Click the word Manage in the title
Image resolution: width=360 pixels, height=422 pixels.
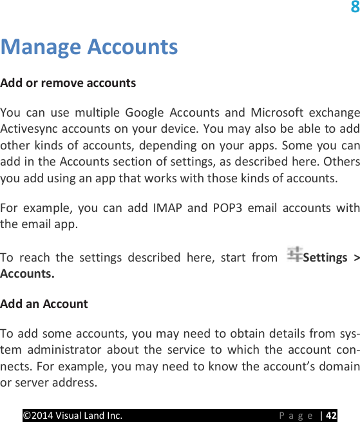[x=41, y=47]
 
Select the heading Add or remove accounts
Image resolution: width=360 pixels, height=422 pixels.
[x=68, y=83]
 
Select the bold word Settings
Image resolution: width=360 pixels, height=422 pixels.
[x=325, y=258]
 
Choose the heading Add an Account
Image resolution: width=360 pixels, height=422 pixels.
[x=44, y=303]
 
